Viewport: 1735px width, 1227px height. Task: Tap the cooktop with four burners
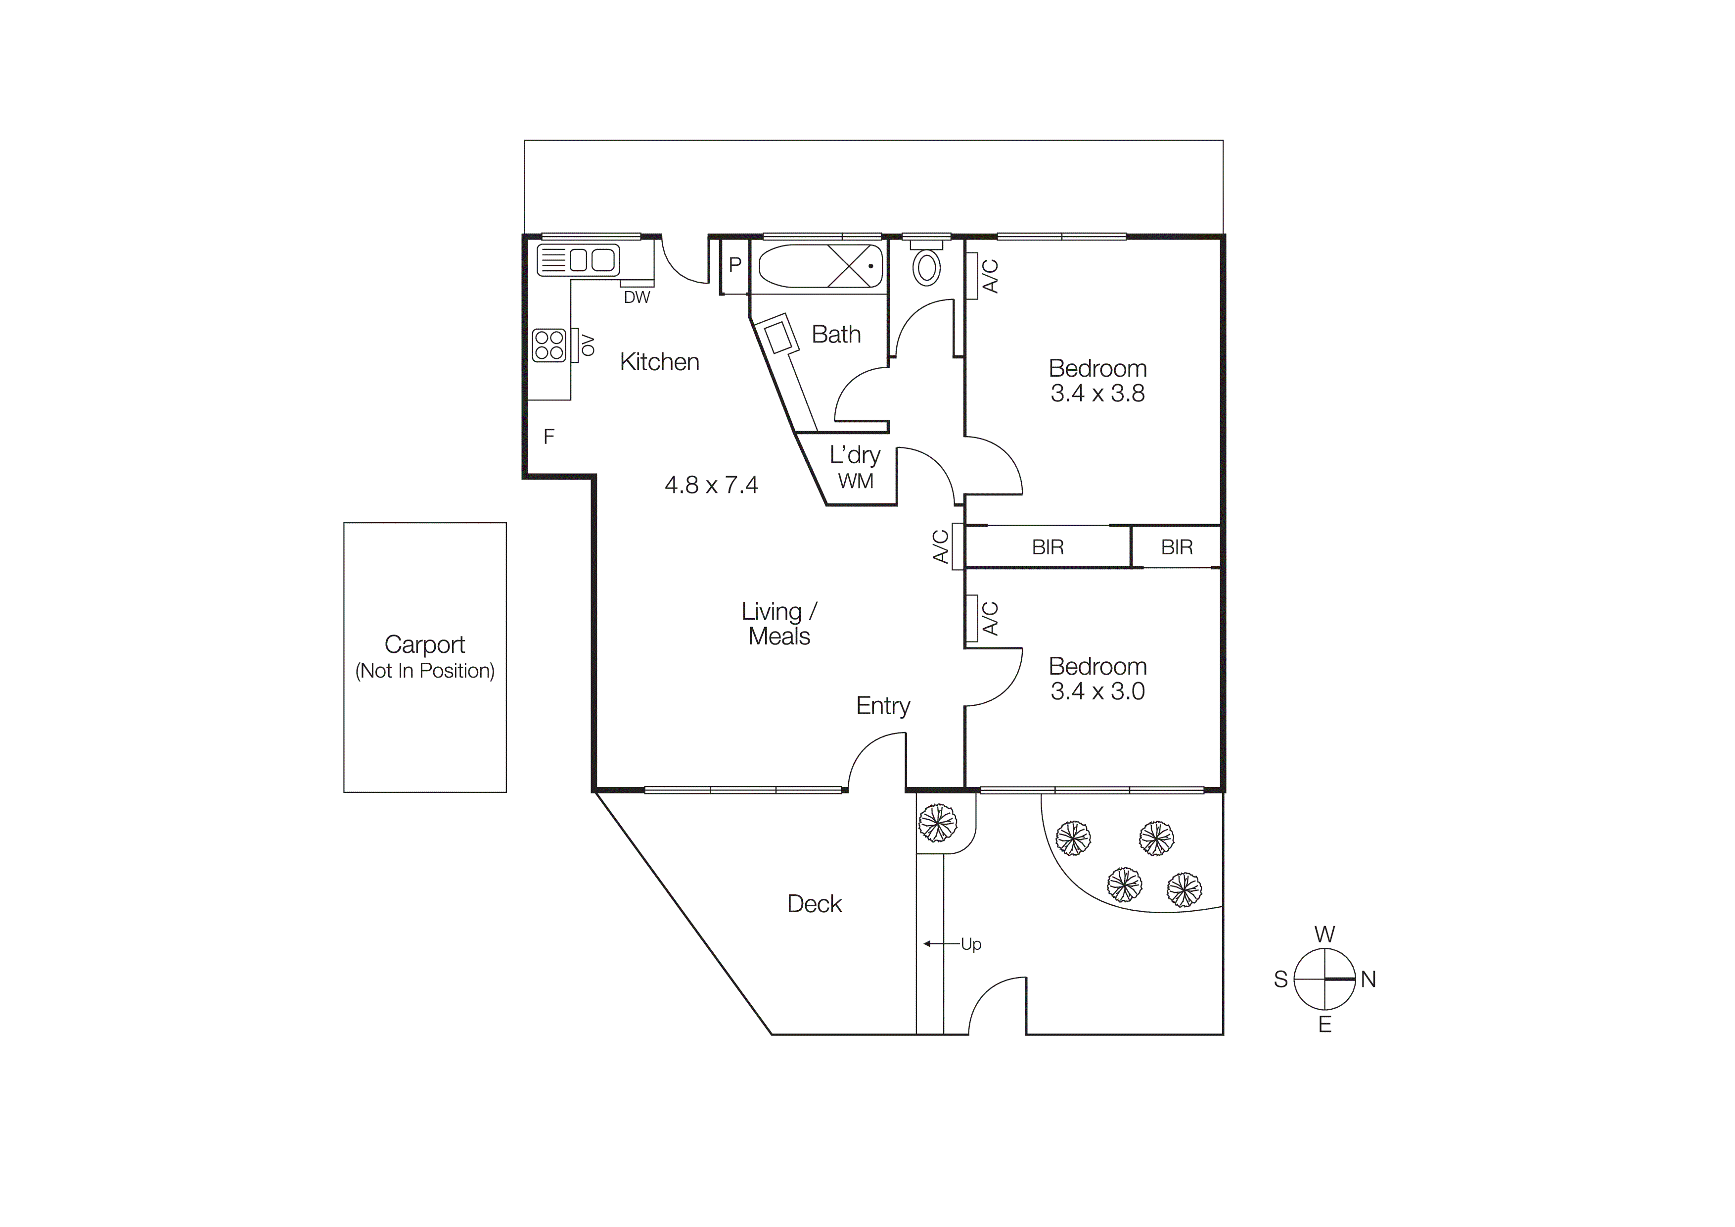click(x=549, y=345)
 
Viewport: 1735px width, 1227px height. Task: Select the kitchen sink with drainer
click(x=579, y=260)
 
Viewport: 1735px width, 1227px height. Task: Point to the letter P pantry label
click(x=734, y=265)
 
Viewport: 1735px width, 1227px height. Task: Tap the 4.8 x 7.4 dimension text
click(x=711, y=485)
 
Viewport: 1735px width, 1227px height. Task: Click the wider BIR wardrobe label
click(x=1048, y=547)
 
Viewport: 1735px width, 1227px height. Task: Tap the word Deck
click(x=814, y=904)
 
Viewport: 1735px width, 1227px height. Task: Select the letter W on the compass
click(x=1324, y=934)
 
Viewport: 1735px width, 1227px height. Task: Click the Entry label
click(x=883, y=706)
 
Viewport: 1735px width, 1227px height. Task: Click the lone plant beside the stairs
click(x=937, y=823)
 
